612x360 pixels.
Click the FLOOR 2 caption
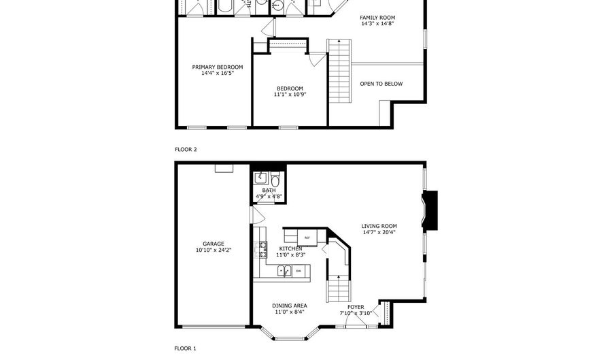tap(186, 149)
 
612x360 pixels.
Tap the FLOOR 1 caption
tap(186, 348)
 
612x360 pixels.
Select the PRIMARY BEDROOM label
tap(218, 67)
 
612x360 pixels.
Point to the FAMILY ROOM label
tap(377, 18)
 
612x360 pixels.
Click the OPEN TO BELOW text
tap(381, 84)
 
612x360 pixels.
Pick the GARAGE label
tap(214, 244)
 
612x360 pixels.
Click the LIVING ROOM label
tap(379, 226)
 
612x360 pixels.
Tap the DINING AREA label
tap(290, 306)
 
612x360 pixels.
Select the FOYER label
tap(356, 308)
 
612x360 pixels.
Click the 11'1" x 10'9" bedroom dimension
tap(290, 94)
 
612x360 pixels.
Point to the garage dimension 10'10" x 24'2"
tap(214, 250)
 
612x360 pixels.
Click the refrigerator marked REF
tap(307, 238)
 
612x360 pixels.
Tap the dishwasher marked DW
tap(299, 271)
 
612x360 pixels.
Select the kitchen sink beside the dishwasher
tap(284, 271)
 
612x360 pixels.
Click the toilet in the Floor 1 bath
tap(275, 180)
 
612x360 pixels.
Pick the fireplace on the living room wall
tap(430, 210)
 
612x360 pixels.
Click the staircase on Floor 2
tap(339, 71)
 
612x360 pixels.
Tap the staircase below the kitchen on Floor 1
tap(338, 289)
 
